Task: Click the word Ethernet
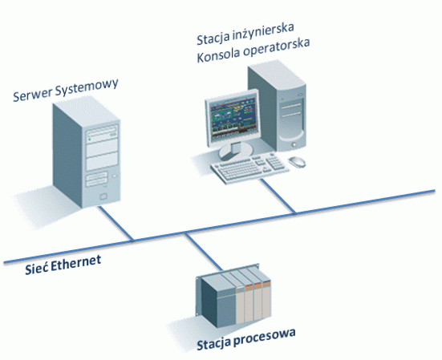[x=76, y=264]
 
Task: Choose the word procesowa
[x=262, y=346]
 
